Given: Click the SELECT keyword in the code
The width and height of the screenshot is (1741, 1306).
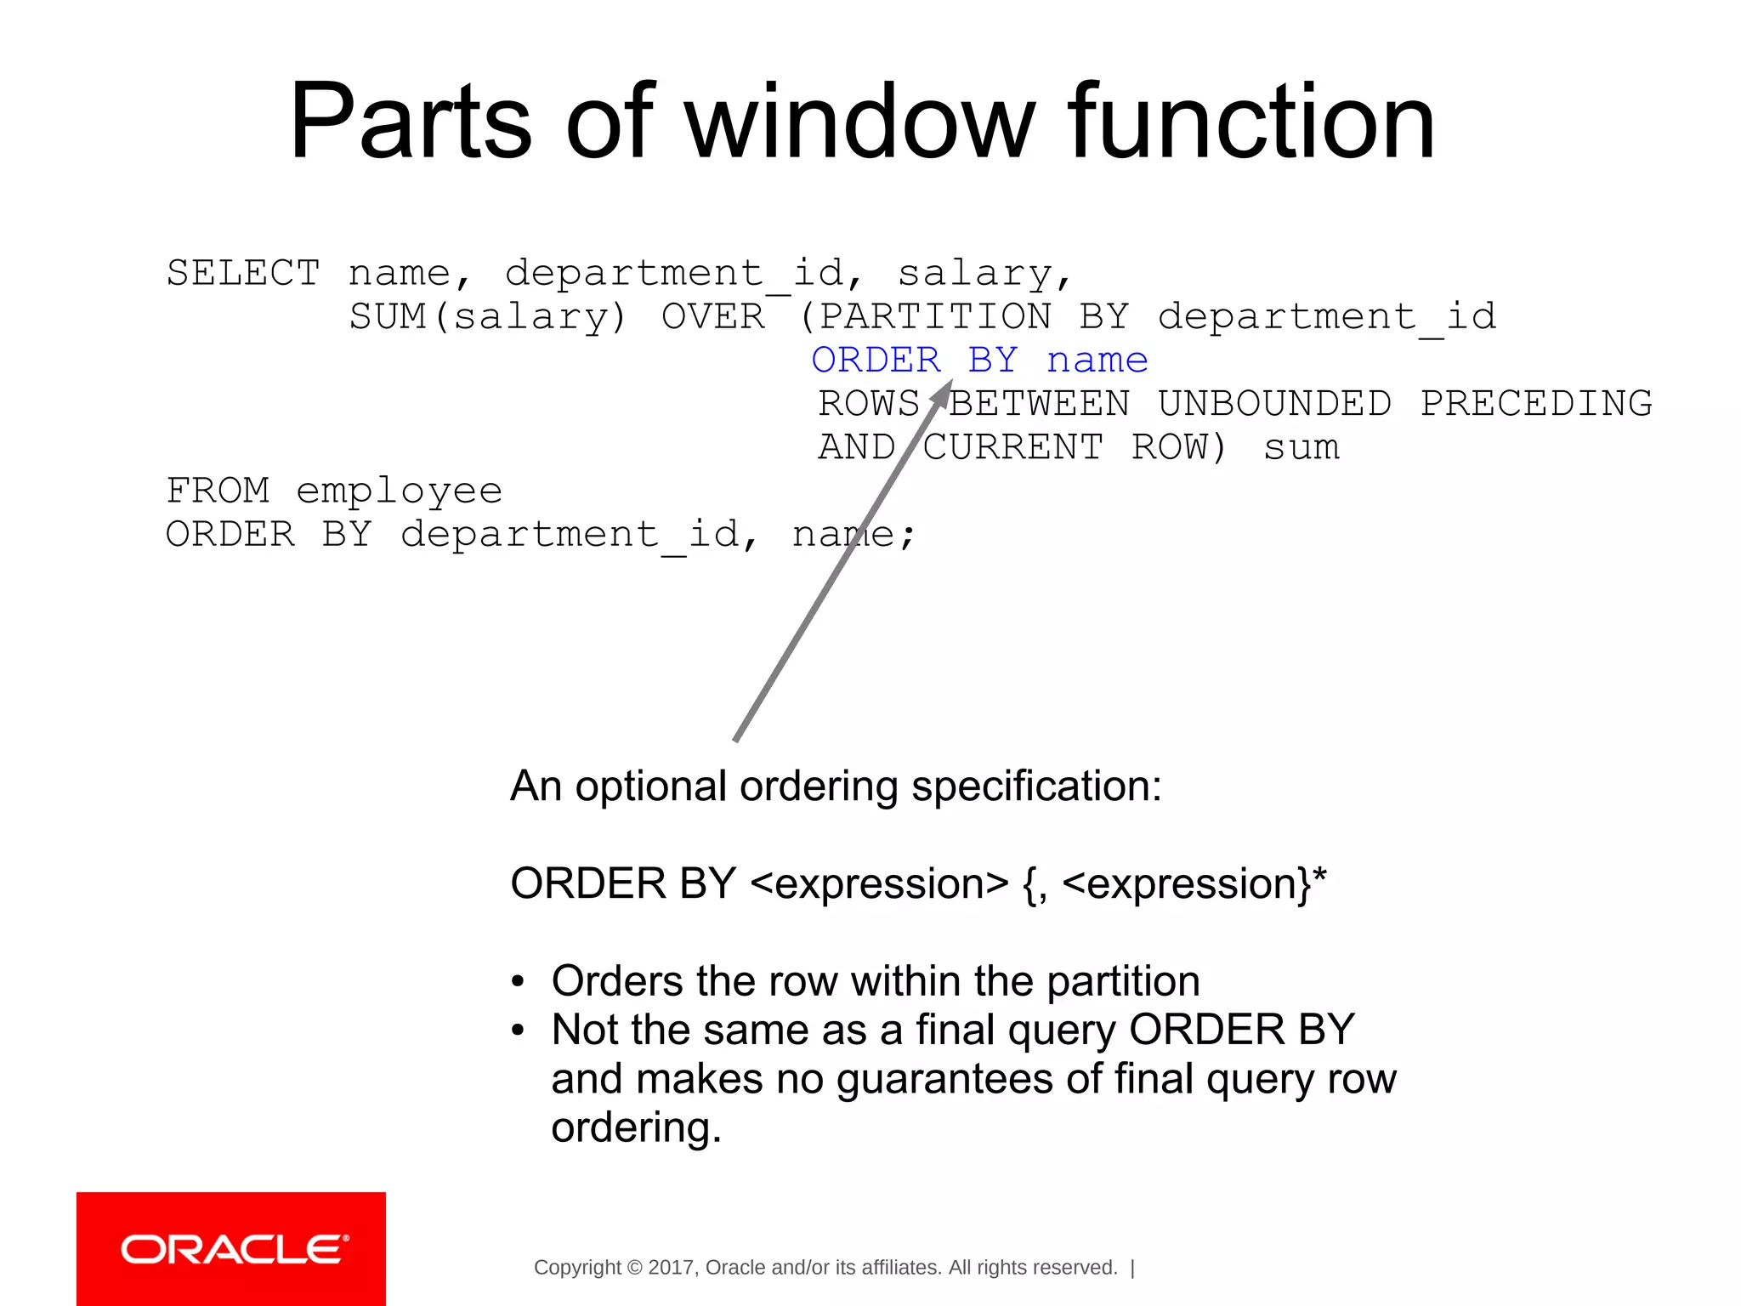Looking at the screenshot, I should pos(243,273).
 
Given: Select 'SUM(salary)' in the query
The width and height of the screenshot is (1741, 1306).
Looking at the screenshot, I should pos(487,317).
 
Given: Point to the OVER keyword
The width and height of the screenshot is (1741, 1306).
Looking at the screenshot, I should pos(712,317).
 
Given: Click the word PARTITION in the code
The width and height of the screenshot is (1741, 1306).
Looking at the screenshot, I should pos(934,317).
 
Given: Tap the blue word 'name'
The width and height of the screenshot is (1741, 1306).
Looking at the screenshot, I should pos(1097,361).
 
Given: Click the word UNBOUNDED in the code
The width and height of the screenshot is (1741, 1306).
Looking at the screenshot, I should pos(1274,404).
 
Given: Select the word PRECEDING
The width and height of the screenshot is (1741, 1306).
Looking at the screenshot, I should pos(1536,404).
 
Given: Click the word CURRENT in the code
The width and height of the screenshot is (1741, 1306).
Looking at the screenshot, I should pos(1013,447).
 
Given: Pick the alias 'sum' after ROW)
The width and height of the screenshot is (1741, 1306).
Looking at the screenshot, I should pos(1301,447).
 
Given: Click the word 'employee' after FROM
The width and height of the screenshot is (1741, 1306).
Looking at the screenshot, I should pos(399,491).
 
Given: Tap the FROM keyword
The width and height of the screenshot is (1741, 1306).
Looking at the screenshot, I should pos(218,491).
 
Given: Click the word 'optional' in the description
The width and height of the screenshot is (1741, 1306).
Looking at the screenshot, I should pos(649,786).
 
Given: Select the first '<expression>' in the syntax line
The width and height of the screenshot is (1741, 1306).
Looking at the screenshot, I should pos(879,884).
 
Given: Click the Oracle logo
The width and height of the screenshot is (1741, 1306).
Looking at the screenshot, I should pos(231,1249).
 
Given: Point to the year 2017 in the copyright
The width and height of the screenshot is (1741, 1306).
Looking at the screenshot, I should pos(671,1268).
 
